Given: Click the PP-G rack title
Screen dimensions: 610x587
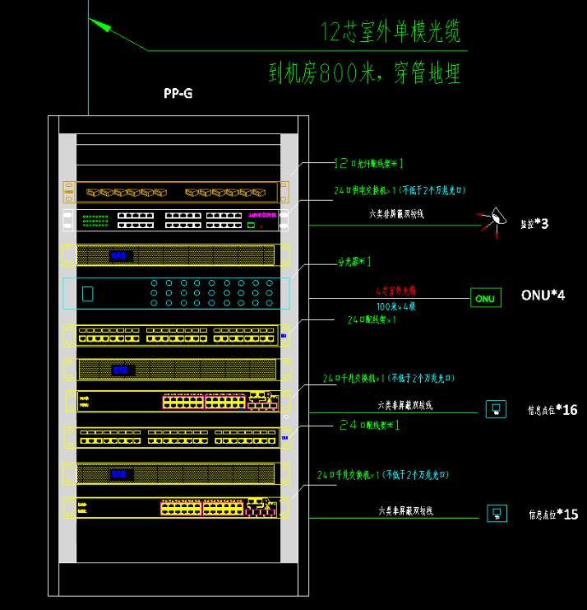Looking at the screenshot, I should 178,94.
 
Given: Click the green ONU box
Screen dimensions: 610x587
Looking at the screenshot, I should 485,298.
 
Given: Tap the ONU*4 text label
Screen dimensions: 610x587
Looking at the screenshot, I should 543,295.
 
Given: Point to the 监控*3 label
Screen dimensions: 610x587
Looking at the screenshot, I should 534,223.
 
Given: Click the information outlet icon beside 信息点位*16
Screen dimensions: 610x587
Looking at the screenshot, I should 496,409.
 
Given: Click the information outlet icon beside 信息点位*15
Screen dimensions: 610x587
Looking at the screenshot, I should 497,514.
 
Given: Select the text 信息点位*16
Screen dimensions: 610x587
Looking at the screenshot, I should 552,409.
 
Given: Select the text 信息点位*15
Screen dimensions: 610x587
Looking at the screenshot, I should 552,515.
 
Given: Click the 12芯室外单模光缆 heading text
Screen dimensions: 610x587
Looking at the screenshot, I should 391,32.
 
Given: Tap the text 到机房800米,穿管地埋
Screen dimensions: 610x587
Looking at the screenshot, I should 364,73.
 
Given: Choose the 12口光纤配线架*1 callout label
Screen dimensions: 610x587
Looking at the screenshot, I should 368,163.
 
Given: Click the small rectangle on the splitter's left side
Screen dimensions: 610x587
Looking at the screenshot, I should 87,293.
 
